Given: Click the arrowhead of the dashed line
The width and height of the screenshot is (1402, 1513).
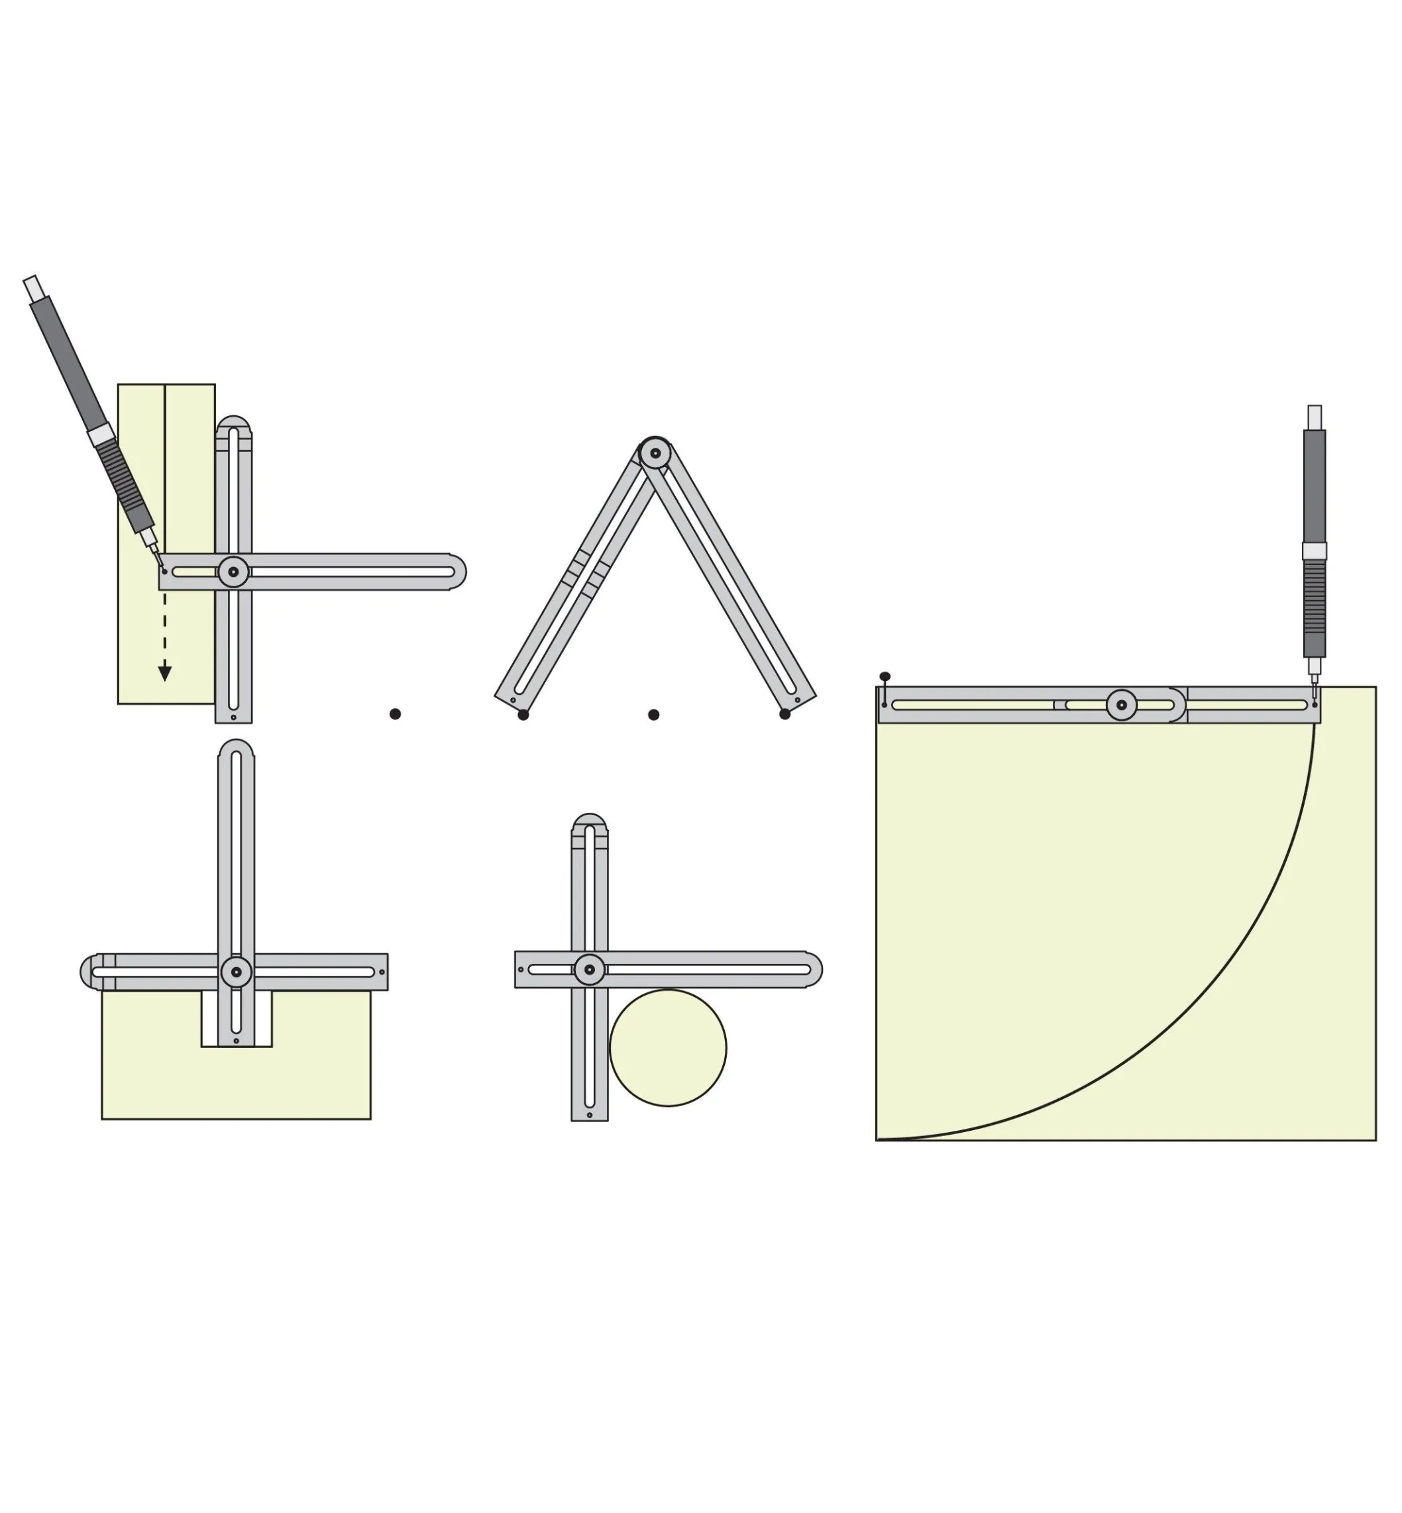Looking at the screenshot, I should (x=164, y=674).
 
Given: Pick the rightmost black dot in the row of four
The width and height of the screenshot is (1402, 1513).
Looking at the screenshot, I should (x=784, y=713).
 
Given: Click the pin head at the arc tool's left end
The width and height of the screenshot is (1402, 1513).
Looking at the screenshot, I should (x=885, y=676).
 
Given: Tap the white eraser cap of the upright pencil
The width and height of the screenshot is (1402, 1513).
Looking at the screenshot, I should (x=1315, y=417).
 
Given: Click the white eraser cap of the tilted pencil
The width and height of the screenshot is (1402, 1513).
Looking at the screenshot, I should (x=32, y=288).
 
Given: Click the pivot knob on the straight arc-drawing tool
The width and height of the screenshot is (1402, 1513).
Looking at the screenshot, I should (x=1121, y=705).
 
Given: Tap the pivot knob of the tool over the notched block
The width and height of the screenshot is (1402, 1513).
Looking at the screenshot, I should (x=236, y=972).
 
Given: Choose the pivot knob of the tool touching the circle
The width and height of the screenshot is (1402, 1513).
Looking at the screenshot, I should (x=590, y=970).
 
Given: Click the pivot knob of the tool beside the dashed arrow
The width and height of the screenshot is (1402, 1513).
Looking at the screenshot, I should (x=233, y=572).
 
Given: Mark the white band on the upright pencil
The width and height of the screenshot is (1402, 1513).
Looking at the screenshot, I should (x=1315, y=551).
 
